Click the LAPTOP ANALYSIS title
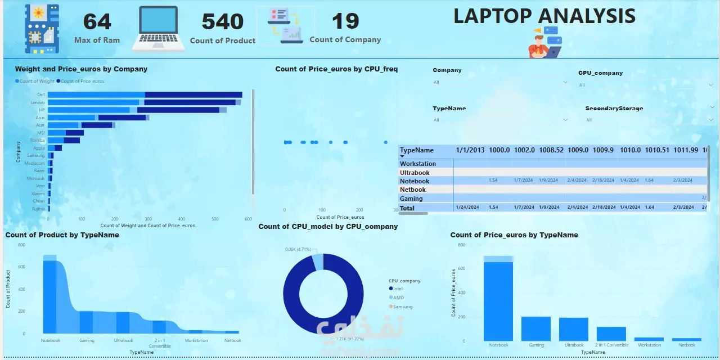pos(544,16)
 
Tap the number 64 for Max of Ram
pos(97,22)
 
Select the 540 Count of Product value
pos(222,22)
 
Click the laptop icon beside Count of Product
pos(159,28)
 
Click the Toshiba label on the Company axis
pos(37,140)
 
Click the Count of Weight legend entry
pos(36,81)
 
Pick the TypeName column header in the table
pos(416,150)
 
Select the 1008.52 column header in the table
pos(551,150)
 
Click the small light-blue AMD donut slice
pos(318,262)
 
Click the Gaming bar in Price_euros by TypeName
pos(536,328)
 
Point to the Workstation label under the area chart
pos(196,340)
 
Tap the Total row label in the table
pos(407,208)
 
